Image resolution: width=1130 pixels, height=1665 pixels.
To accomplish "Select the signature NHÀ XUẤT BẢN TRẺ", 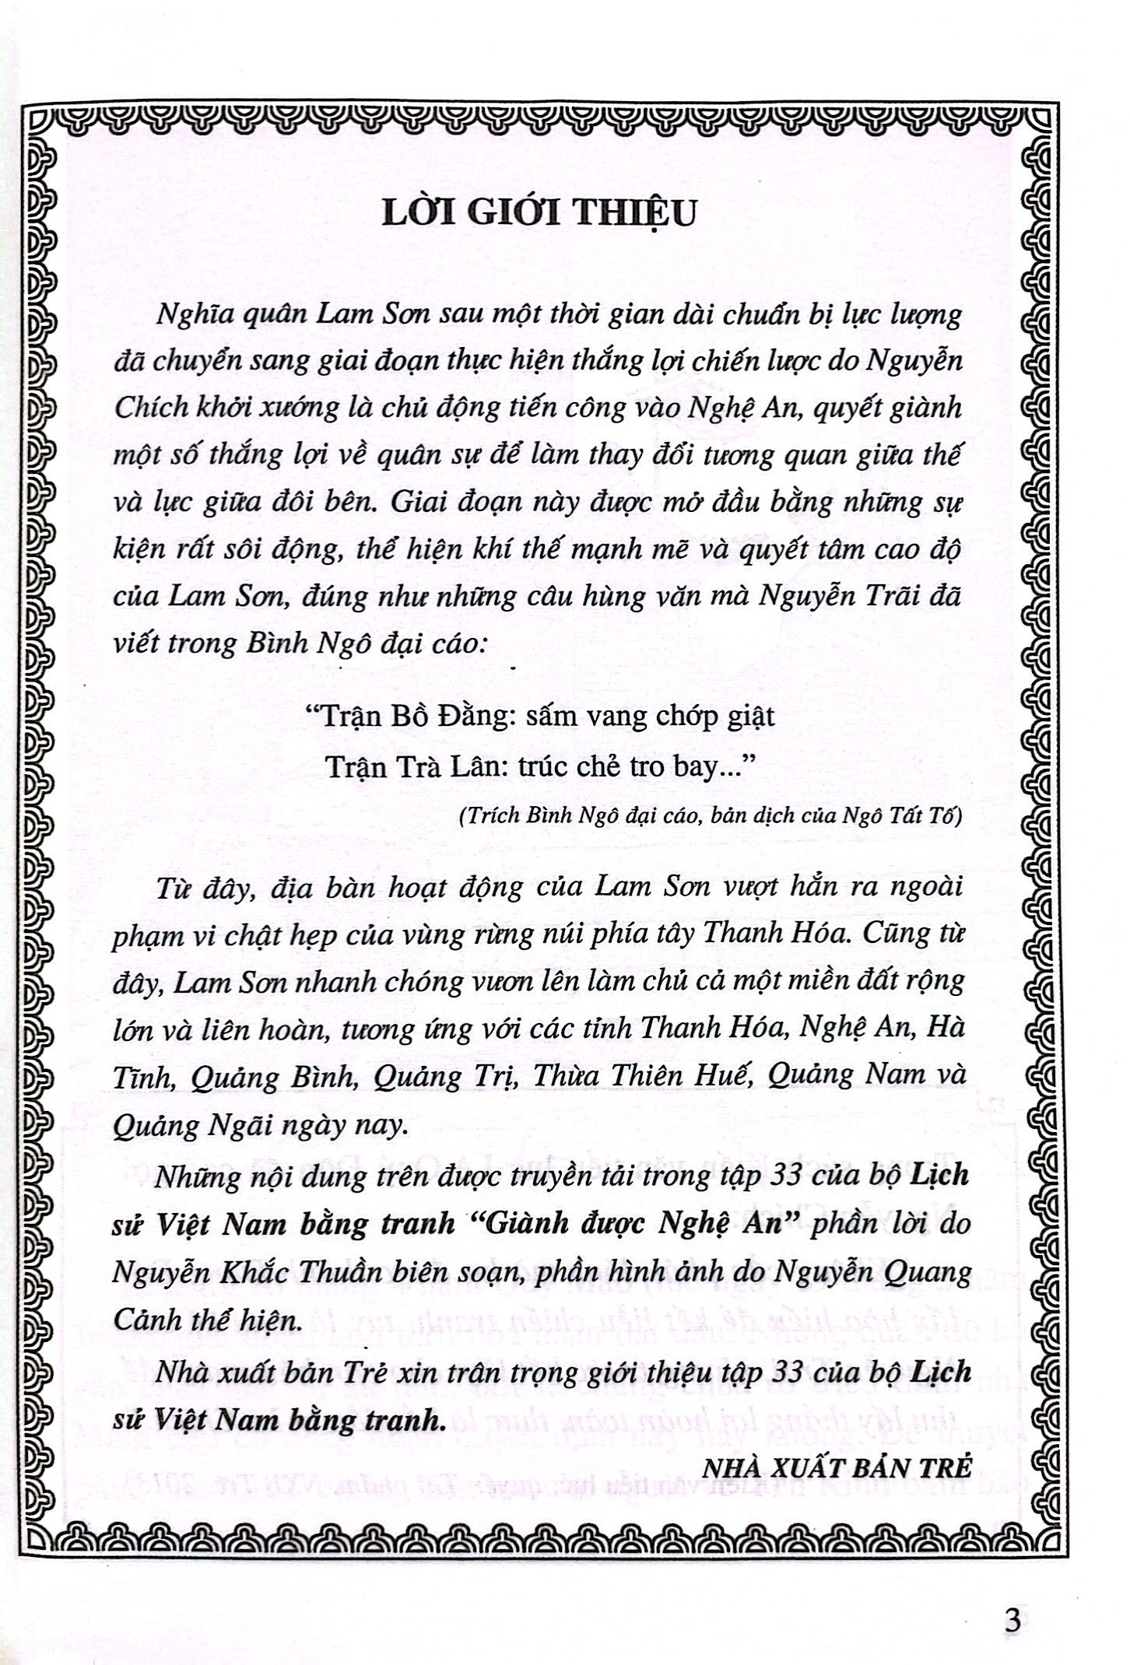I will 837,1468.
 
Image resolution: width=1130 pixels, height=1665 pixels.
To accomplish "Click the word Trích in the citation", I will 486,816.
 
